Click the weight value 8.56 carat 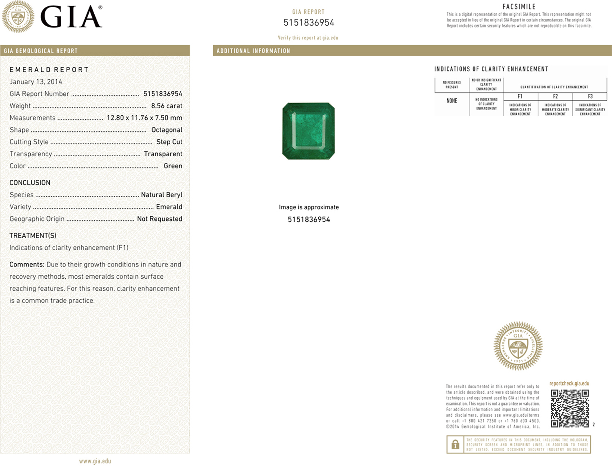[x=167, y=106]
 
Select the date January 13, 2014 [x=36, y=82]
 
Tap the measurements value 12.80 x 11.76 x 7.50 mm [x=144, y=118]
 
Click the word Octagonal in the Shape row [x=167, y=130]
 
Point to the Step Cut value [x=169, y=142]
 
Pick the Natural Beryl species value [x=162, y=195]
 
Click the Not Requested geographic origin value [x=159, y=219]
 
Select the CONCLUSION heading [x=30, y=183]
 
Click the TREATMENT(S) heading [x=33, y=236]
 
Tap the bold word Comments [x=27, y=265]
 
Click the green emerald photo [x=309, y=131]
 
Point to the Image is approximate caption [x=309, y=207]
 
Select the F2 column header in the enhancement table [x=555, y=97]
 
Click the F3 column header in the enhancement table [x=590, y=97]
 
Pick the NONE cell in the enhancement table [x=452, y=101]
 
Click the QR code [x=570, y=408]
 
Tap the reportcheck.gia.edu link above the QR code [x=569, y=384]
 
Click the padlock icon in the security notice [x=455, y=445]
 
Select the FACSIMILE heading [x=519, y=7]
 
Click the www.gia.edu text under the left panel [x=95, y=461]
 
